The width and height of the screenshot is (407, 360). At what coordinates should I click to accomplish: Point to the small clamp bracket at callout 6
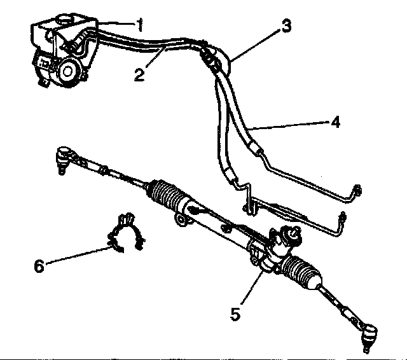[x=126, y=233]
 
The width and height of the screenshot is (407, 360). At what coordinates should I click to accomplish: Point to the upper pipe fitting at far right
[x=357, y=191]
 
